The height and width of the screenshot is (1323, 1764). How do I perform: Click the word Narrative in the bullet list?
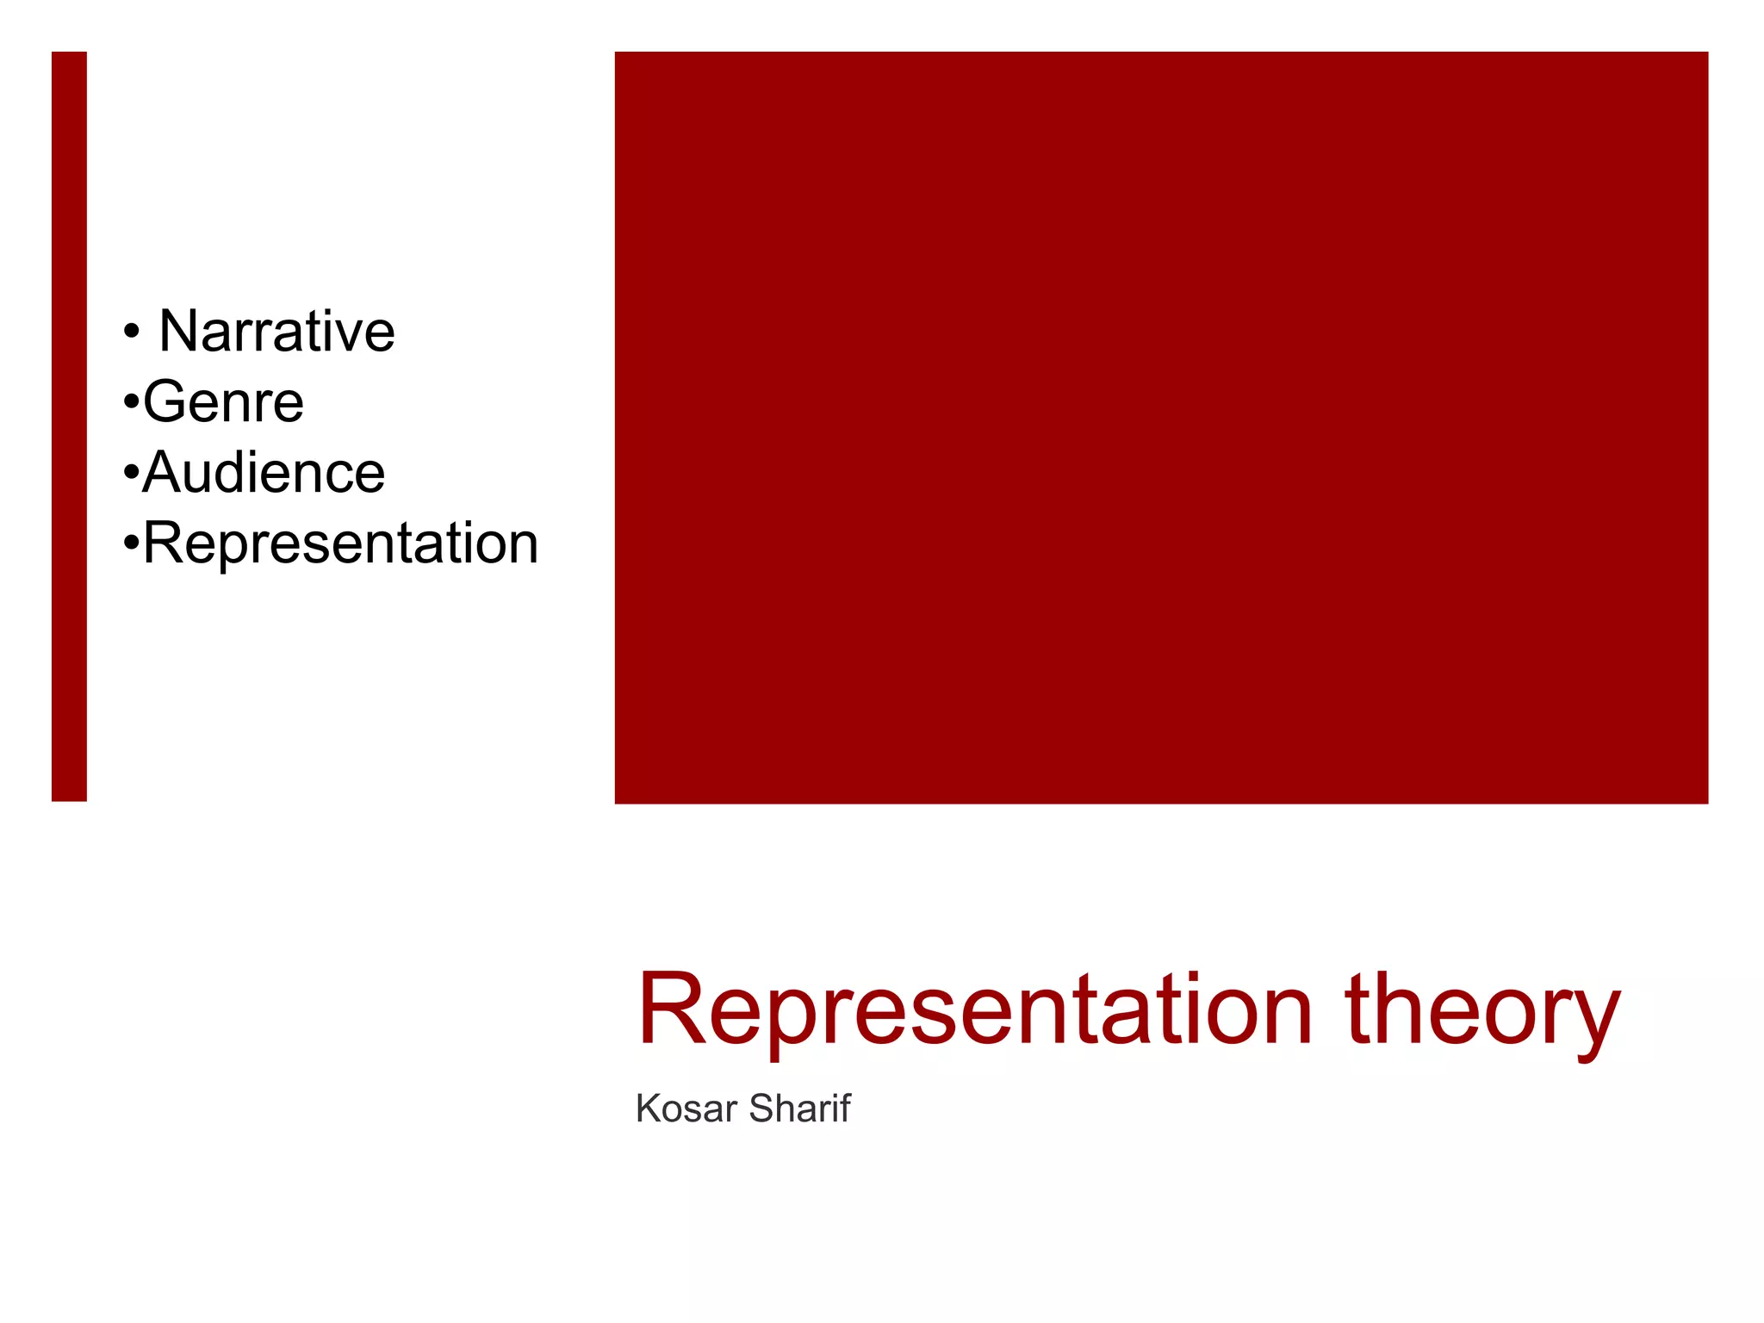click(276, 332)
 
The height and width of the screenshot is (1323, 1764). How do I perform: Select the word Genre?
click(223, 402)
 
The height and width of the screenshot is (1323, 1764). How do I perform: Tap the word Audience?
click(264, 473)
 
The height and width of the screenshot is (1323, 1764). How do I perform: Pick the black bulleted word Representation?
click(340, 543)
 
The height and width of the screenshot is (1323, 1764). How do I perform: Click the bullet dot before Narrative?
click(131, 332)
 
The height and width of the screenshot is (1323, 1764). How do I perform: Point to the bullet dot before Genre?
click(131, 402)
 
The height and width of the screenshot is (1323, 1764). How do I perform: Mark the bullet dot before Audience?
click(131, 473)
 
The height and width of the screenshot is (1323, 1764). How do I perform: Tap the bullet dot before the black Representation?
click(131, 543)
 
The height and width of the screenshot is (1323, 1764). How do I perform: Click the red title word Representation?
click(974, 1009)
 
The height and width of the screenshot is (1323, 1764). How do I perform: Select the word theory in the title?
click(1481, 1009)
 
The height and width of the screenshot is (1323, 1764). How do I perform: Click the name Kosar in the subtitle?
click(686, 1109)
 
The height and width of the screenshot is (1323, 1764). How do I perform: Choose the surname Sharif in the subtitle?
click(799, 1109)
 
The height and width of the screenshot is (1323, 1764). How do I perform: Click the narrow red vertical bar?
click(69, 426)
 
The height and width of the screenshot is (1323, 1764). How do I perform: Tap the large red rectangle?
click(1161, 427)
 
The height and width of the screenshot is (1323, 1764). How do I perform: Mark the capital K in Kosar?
click(647, 1109)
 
